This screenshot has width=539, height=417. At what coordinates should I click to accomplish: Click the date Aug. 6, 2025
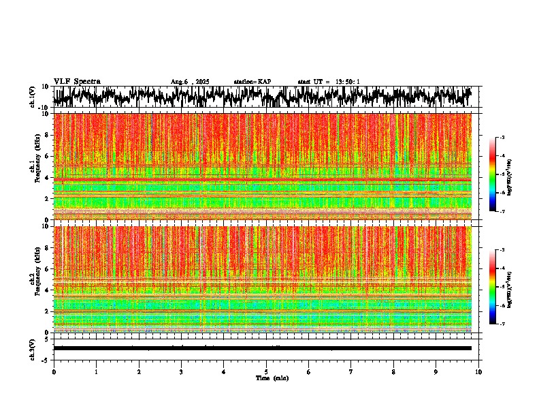(x=190, y=82)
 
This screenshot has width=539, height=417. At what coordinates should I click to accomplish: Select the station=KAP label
(x=252, y=82)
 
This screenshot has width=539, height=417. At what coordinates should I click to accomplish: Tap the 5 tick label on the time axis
(x=266, y=371)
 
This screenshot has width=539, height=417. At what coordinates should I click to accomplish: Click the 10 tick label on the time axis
(x=478, y=371)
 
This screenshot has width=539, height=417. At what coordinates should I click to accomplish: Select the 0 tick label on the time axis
(x=54, y=371)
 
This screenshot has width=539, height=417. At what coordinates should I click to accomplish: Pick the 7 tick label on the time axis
(x=351, y=371)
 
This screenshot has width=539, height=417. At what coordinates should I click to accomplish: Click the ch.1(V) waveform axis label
(x=33, y=97)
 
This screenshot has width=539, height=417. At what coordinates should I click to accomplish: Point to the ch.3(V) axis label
(x=33, y=347)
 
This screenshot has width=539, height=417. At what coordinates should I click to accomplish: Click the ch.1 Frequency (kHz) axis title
(x=35, y=164)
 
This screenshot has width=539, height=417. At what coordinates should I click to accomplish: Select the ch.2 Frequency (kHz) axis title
(x=35, y=276)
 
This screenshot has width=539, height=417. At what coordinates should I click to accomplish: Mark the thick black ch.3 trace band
(x=262, y=348)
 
